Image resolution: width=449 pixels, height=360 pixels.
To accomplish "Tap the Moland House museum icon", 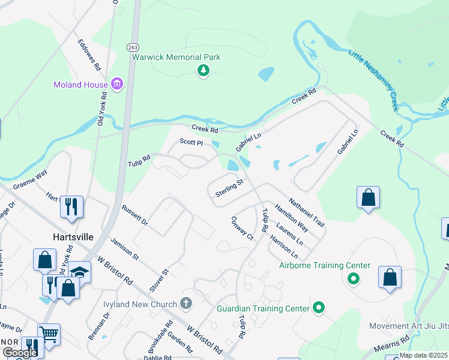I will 116,85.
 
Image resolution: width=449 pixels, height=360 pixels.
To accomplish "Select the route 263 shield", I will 132,47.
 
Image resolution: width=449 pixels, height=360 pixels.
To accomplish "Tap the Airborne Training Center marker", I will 354,279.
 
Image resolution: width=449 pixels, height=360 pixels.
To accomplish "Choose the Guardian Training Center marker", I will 319,308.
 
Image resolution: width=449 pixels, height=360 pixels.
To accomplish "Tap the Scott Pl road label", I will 191,142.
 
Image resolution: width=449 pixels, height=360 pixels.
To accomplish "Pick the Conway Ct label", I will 243,228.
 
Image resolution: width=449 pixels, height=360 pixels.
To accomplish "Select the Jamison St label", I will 124,249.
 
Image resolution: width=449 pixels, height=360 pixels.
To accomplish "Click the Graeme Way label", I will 29,181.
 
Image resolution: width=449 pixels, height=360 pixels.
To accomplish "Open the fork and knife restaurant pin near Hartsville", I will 71,207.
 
